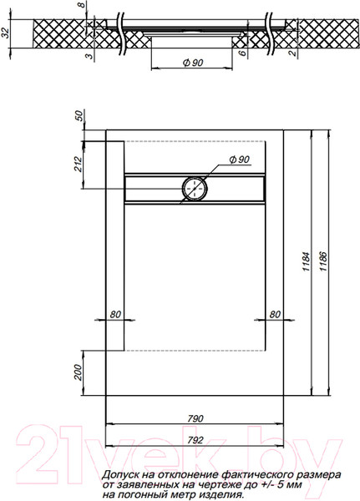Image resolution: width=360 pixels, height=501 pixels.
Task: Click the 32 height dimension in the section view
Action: [7, 35]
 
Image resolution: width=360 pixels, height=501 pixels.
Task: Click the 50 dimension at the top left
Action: [79, 116]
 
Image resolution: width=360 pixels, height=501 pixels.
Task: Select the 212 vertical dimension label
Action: [79, 164]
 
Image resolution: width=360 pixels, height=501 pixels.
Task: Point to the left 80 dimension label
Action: [115, 315]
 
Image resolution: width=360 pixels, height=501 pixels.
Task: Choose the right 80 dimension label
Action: [274, 315]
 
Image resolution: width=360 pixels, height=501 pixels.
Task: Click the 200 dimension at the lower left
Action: [79, 372]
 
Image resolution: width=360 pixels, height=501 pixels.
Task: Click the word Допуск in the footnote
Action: [123, 474]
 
